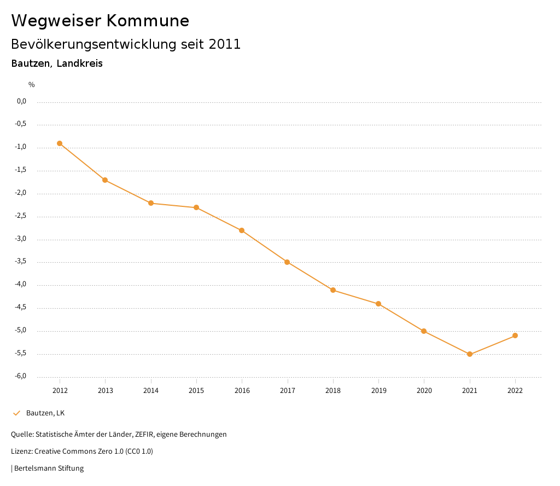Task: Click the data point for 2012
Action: [60, 143]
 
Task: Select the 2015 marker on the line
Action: [196, 207]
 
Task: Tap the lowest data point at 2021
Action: [470, 354]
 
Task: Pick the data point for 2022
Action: [515, 335]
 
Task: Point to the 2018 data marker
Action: [333, 290]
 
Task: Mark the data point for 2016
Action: [242, 230]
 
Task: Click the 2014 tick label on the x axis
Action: [151, 391]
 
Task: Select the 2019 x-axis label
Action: [378, 391]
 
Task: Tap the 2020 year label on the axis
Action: [424, 391]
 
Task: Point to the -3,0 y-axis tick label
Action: [21, 239]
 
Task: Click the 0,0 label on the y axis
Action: [22, 101]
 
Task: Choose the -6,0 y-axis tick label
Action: [21, 377]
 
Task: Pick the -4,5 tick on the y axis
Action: [21, 308]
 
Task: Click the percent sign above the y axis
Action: [32, 85]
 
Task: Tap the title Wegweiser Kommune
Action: [100, 21]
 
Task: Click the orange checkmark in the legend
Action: [16, 413]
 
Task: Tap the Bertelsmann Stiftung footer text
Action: [49, 468]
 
